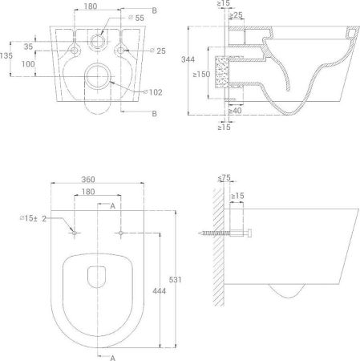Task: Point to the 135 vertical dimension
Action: pyautogui.click(x=6, y=56)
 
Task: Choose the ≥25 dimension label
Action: pyautogui.click(x=238, y=15)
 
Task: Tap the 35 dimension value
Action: pyautogui.click(x=27, y=47)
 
